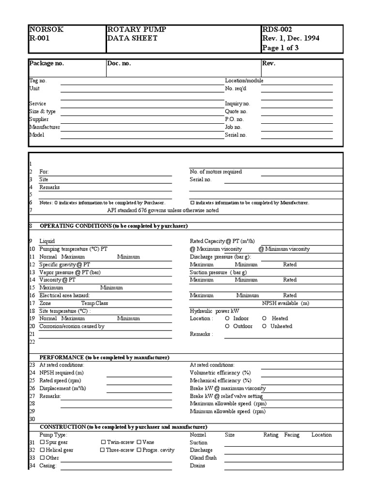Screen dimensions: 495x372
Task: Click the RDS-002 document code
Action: pos(277,29)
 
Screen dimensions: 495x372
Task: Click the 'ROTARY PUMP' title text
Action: pos(137,29)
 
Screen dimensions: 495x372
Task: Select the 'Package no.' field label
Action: pos(46,63)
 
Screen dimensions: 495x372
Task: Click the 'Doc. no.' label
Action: pos(119,63)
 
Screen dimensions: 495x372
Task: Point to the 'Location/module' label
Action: pos(244,81)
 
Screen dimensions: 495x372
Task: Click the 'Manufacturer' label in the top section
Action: pos(45,127)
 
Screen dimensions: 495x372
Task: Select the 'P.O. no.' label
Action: pos(234,119)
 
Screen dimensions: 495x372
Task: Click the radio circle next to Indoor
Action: pos(228,319)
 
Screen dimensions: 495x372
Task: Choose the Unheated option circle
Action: pos(264,326)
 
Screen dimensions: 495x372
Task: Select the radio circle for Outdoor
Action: pos(228,326)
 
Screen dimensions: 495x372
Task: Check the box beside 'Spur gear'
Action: pos(42,442)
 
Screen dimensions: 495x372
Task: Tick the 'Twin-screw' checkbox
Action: pos(103,442)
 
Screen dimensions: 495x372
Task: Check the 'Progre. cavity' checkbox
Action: pos(139,450)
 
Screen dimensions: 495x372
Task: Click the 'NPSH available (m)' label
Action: pos(286,303)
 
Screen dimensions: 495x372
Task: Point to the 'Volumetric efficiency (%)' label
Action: pos(220,373)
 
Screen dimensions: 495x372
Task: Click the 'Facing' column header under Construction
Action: pos(292,435)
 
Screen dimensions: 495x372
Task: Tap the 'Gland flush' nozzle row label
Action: pos(203,458)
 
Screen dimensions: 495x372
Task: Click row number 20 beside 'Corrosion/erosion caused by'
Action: pos(32,326)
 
